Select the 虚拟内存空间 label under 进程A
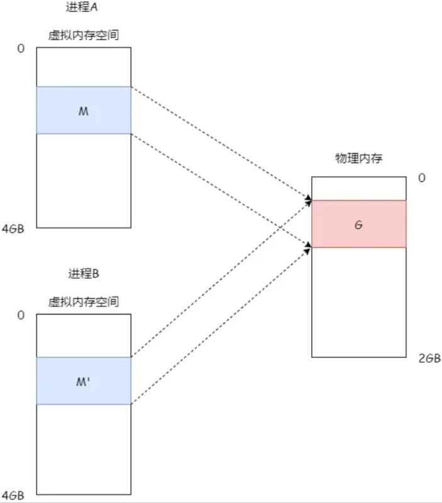click(84, 36)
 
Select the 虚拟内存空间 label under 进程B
click(84, 302)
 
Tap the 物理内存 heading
click(359, 158)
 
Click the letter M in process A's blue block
click(84, 111)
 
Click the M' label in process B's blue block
click(84, 381)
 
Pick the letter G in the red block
click(358, 224)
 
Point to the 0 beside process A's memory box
click(21, 48)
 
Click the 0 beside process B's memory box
click(21, 315)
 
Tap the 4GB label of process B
click(13, 495)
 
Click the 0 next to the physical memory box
click(422, 178)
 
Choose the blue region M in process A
click(57, 111)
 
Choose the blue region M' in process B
click(57, 381)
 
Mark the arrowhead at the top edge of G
click(309, 200)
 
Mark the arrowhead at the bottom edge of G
click(309, 246)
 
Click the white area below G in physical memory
click(359, 301)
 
